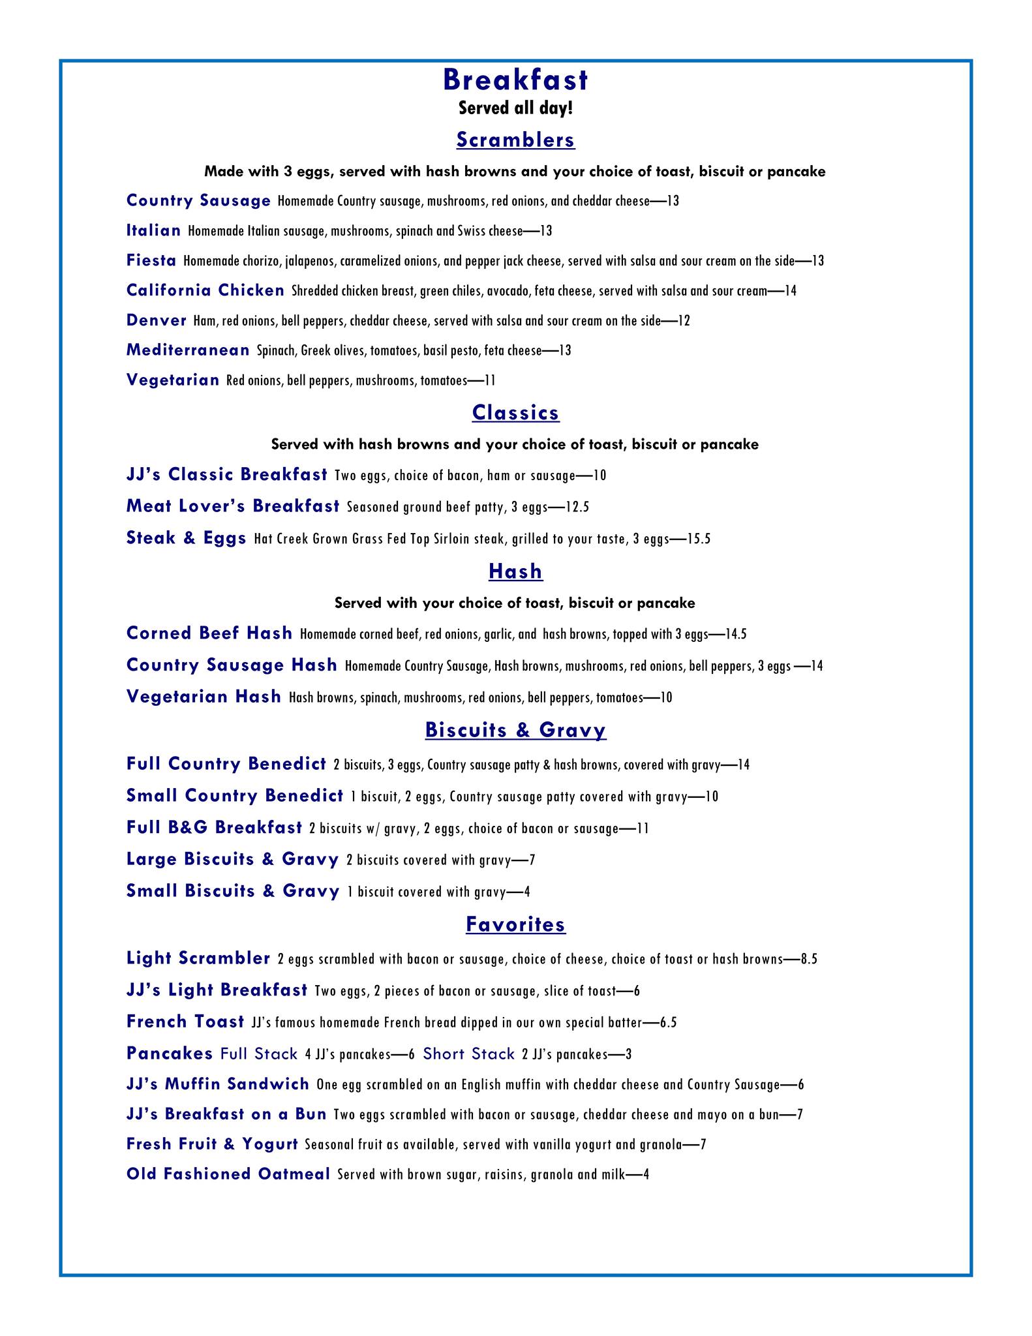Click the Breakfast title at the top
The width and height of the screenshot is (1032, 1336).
click(515, 80)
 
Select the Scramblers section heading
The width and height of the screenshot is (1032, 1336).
click(515, 140)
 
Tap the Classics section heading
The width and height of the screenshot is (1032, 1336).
click(515, 412)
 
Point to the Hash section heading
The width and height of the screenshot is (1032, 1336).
click(515, 571)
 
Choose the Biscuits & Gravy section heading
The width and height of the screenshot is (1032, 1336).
click(515, 730)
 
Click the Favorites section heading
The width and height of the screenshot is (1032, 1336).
click(515, 924)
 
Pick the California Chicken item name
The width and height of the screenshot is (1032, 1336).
click(205, 290)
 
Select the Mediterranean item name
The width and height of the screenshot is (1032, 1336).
click(188, 350)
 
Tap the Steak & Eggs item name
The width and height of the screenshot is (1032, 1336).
click(187, 538)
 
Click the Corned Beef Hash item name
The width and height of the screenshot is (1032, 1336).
click(209, 633)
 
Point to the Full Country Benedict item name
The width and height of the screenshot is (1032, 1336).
click(226, 764)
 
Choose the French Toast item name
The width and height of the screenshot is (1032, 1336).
click(185, 1022)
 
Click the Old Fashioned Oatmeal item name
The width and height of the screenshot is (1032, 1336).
click(228, 1174)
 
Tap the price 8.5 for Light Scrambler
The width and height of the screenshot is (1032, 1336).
click(809, 959)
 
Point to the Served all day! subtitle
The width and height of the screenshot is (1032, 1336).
click(515, 108)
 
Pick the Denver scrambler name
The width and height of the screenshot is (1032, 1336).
click(157, 320)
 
